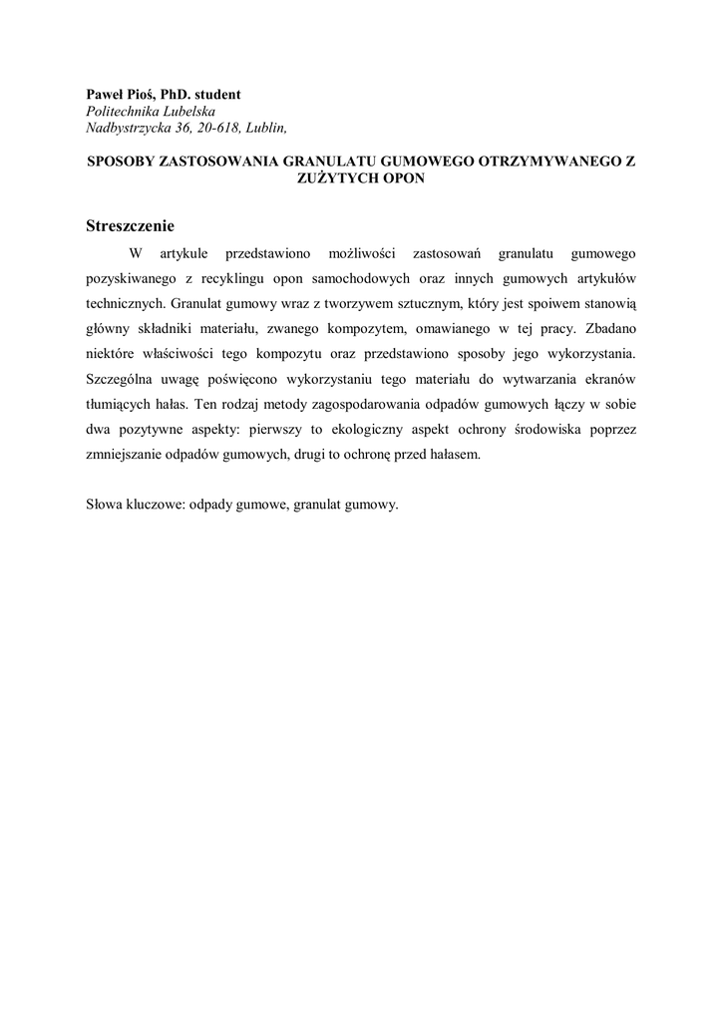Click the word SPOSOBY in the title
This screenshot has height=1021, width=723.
(x=123, y=161)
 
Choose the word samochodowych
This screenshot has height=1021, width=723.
(x=357, y=277)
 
